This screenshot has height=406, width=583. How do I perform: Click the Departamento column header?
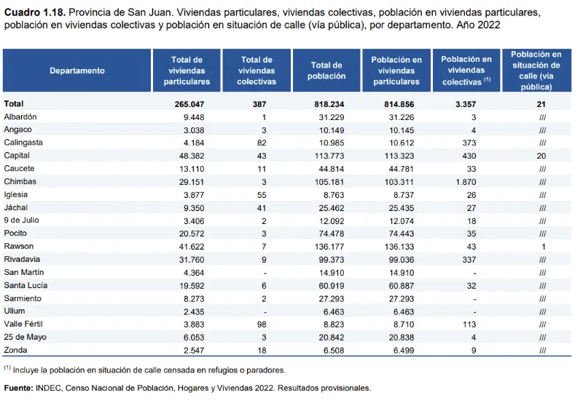[77, 71]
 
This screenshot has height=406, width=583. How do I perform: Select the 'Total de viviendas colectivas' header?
[257, 71]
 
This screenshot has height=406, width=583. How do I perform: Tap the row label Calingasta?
[23, 143]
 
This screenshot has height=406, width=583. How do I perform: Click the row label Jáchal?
[17, 207]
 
